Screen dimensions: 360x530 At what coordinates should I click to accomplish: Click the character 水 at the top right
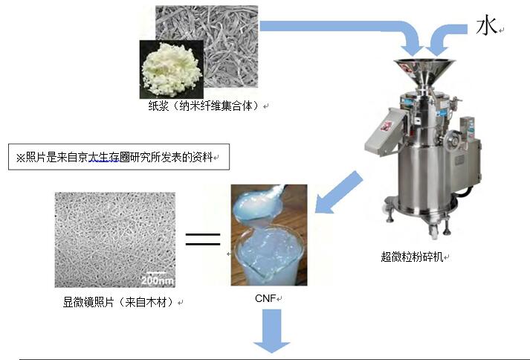click(x=486, y=26)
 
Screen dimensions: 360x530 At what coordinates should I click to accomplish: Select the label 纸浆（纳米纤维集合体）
click(x=203, y=106)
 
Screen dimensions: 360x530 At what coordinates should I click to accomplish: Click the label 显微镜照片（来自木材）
click(x=118, y=303)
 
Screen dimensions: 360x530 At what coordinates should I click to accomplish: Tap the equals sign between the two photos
click(x=203, y=240)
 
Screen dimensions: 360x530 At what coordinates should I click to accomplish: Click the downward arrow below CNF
click(x=271, y=332)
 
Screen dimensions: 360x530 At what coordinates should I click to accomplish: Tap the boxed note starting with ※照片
click(x=118, y=158)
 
